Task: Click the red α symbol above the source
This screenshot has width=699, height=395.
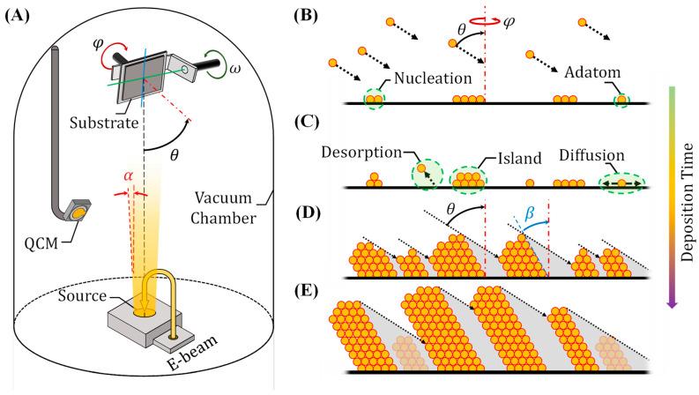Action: (x=127, y=178)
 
